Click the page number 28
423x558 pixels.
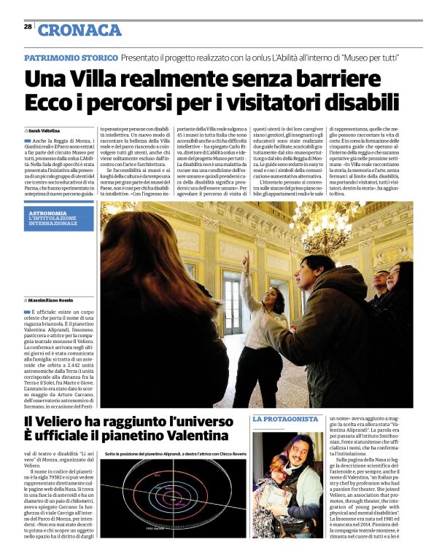coord(27,26)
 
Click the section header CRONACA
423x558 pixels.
coord(79,30)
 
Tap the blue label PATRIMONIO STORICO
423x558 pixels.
coord(71,58)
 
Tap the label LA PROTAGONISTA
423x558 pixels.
coord(285,420)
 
